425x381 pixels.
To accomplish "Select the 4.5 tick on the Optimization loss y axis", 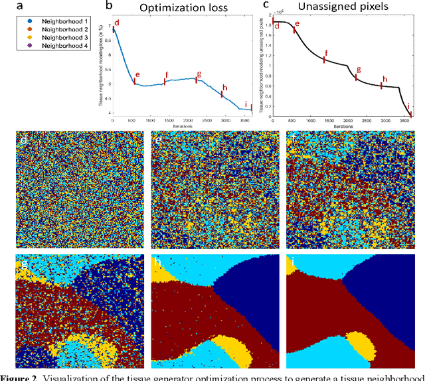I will [x=108, y=98].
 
